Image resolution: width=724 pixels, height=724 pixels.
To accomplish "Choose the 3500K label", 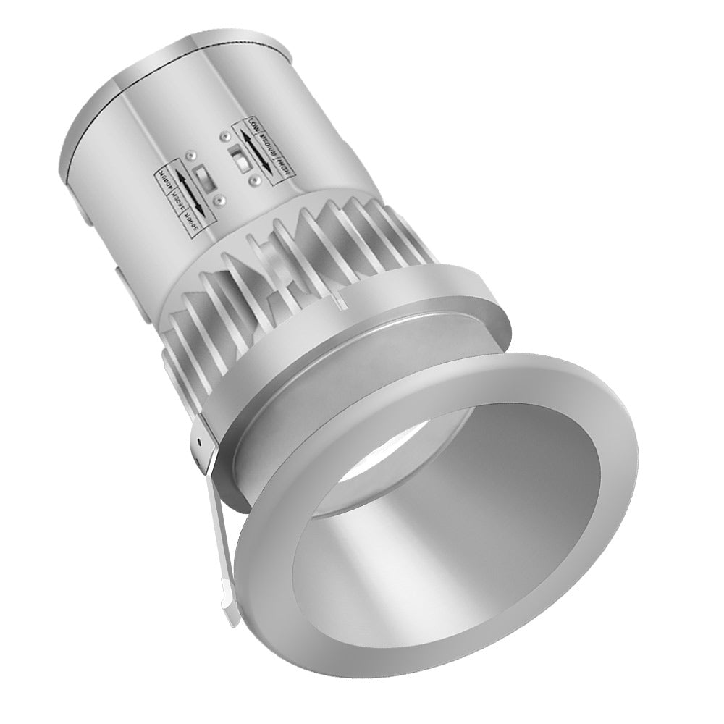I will (x=177, y=201).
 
